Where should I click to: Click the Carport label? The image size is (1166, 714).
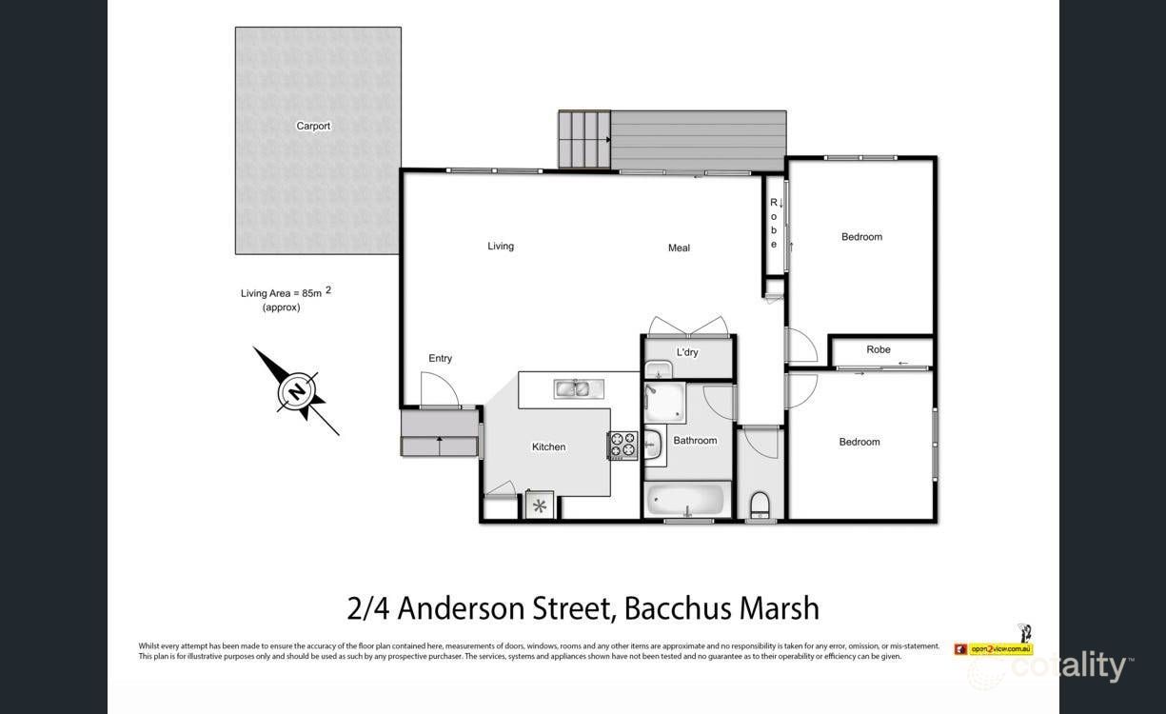tap(313, 126)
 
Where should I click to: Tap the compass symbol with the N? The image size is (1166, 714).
tap(297, 391)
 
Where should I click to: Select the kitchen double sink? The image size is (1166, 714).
tap(574, 387)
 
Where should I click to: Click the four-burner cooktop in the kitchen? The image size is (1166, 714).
tap(623, 445)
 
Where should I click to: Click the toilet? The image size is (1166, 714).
tap(760, 504)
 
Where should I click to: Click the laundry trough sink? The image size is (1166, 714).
tap(658, 370)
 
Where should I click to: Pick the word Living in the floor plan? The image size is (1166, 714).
tap(501, 247)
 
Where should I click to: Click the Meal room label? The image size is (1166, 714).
tap(679, 248)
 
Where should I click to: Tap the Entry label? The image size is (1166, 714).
tap(440, 359)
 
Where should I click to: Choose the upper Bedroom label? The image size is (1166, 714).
tap(861, 237)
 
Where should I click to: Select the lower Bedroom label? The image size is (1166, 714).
tap(859, 442)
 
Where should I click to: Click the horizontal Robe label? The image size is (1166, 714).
tap(879, 349)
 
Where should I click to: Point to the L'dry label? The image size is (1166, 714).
tap(687, 352)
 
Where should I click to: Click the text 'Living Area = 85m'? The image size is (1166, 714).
tap(281, 293)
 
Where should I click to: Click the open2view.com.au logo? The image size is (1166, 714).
tap(993, 648)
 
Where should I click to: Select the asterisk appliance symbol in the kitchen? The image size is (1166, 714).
tap(540, 505)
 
